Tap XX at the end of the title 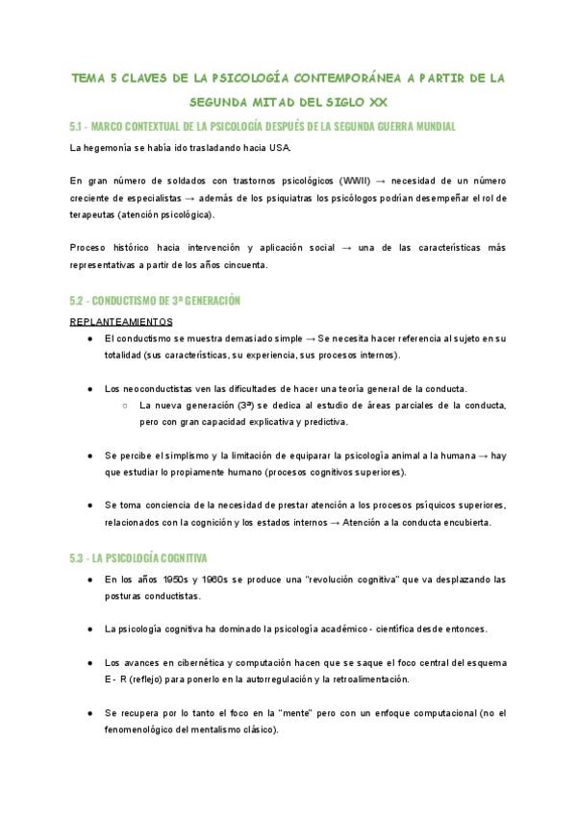383,101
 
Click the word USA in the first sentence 276,148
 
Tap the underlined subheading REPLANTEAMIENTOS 121,321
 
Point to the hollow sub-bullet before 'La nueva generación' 126,405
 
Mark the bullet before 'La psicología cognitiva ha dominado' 89,630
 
